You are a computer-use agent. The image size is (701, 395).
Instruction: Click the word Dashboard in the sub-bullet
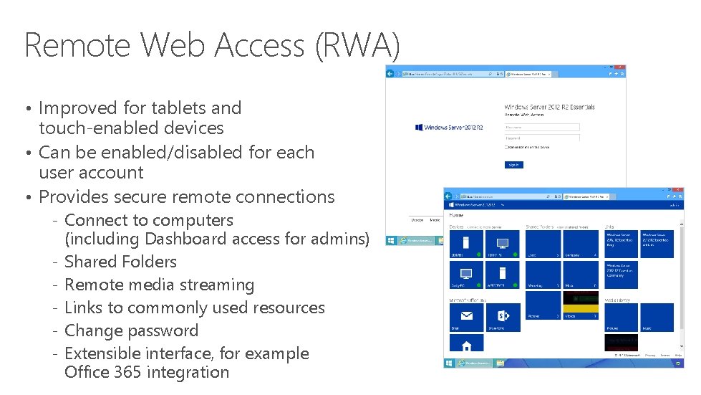click(x=185, y=239)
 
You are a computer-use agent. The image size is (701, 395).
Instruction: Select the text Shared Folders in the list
click(x=120, y=262)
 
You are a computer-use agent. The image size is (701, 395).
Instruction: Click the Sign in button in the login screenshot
click(x=513, y=164)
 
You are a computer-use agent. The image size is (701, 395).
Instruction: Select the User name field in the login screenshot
click(x=542, y=128)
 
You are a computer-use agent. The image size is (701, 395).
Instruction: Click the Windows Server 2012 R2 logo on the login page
click(x=449, y=128)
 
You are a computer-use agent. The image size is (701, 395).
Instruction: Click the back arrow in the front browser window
click(x=451, y=195)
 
